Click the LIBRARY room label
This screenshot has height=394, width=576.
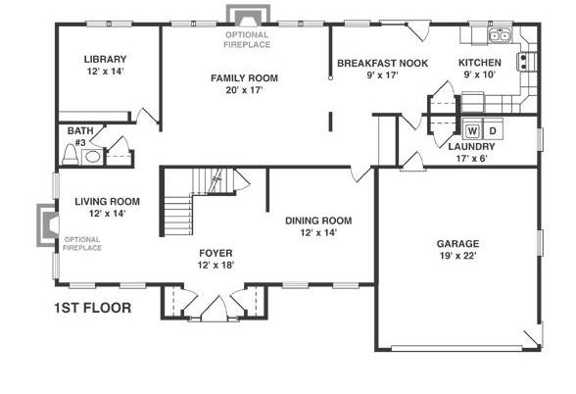tap(105, 59)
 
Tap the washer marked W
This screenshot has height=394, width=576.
tap(472, 130)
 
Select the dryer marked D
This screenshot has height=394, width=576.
tap(493, 130)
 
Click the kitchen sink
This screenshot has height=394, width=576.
tap(500, 35)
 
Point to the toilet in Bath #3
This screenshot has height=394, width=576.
tap(70, 155)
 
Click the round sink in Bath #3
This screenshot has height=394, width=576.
tap(92, 157)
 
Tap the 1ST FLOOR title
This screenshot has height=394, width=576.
tap(92, 308)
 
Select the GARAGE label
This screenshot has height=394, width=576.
tap(457, 244)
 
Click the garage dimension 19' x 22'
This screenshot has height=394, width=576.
tap(458, 256)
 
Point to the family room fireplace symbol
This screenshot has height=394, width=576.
tap(248, 16)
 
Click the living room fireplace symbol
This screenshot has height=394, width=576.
tap(48, 225)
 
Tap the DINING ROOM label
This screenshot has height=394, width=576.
tap(318, 221)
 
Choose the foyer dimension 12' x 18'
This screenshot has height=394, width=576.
tap(216, 265)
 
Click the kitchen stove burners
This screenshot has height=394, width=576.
tap(523, 62)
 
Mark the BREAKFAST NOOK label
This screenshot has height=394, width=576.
tap(382, 63)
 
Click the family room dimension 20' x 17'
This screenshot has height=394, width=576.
tap(244, 90)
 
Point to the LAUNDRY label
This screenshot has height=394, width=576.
tap(472, 147)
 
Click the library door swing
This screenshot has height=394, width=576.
tap(147, 115)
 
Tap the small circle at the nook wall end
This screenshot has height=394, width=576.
tap(331, 78)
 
